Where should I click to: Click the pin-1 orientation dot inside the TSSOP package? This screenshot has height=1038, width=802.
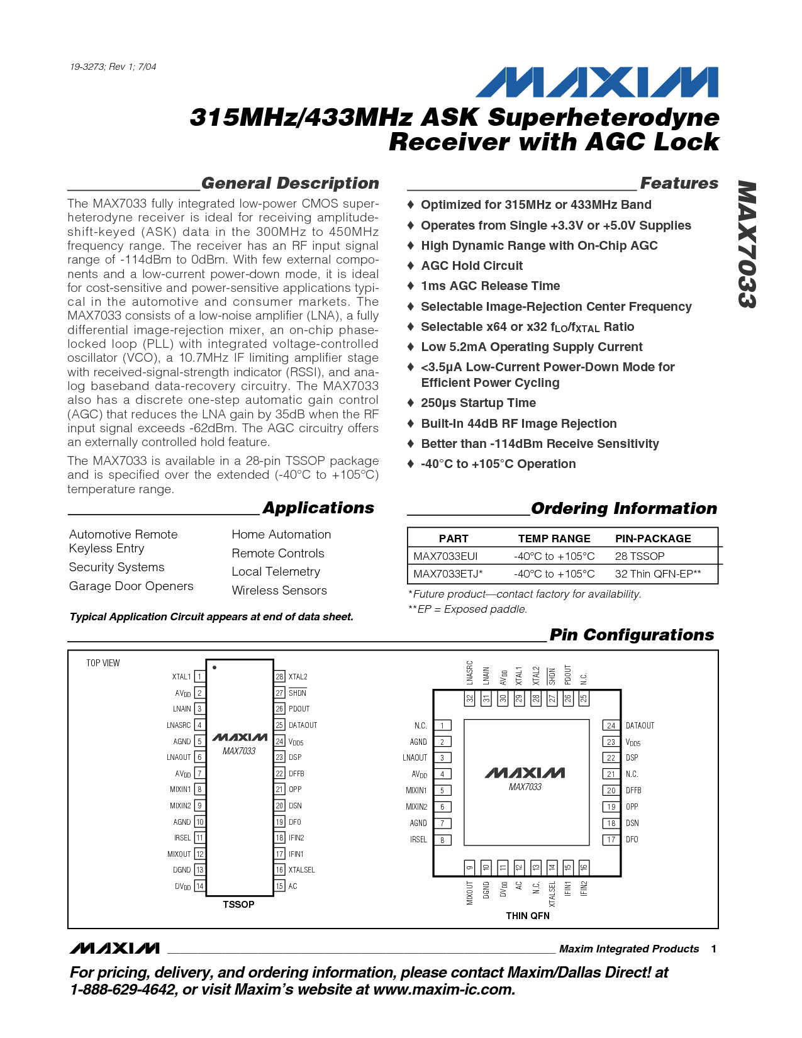214,667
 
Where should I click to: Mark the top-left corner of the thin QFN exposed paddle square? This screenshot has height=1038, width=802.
464,720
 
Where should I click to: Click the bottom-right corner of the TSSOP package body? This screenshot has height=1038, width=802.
273,896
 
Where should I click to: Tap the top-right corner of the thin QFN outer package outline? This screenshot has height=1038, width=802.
620,689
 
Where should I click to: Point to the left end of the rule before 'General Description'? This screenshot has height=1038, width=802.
68,189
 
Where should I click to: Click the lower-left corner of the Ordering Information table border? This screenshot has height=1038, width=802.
408,583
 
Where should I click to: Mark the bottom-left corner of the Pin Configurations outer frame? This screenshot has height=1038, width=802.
68,928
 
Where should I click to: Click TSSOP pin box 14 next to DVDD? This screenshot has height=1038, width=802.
199,886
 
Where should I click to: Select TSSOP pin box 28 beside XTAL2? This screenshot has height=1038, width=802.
279,676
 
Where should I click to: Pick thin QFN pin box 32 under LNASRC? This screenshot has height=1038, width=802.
470,700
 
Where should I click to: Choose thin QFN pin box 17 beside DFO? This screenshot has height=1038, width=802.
611,839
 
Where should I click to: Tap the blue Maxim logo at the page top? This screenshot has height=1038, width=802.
596,82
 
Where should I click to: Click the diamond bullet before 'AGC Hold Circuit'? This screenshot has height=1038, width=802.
410,265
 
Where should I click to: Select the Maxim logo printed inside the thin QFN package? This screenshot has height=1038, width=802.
525,773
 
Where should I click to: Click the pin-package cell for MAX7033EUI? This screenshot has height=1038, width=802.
640,556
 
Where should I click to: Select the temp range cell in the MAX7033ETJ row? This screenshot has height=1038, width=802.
554,574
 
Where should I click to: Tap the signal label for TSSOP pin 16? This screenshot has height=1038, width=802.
301,870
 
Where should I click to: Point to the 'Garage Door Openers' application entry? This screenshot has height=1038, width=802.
131,586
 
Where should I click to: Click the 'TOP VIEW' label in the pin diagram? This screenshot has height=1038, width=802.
103,663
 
